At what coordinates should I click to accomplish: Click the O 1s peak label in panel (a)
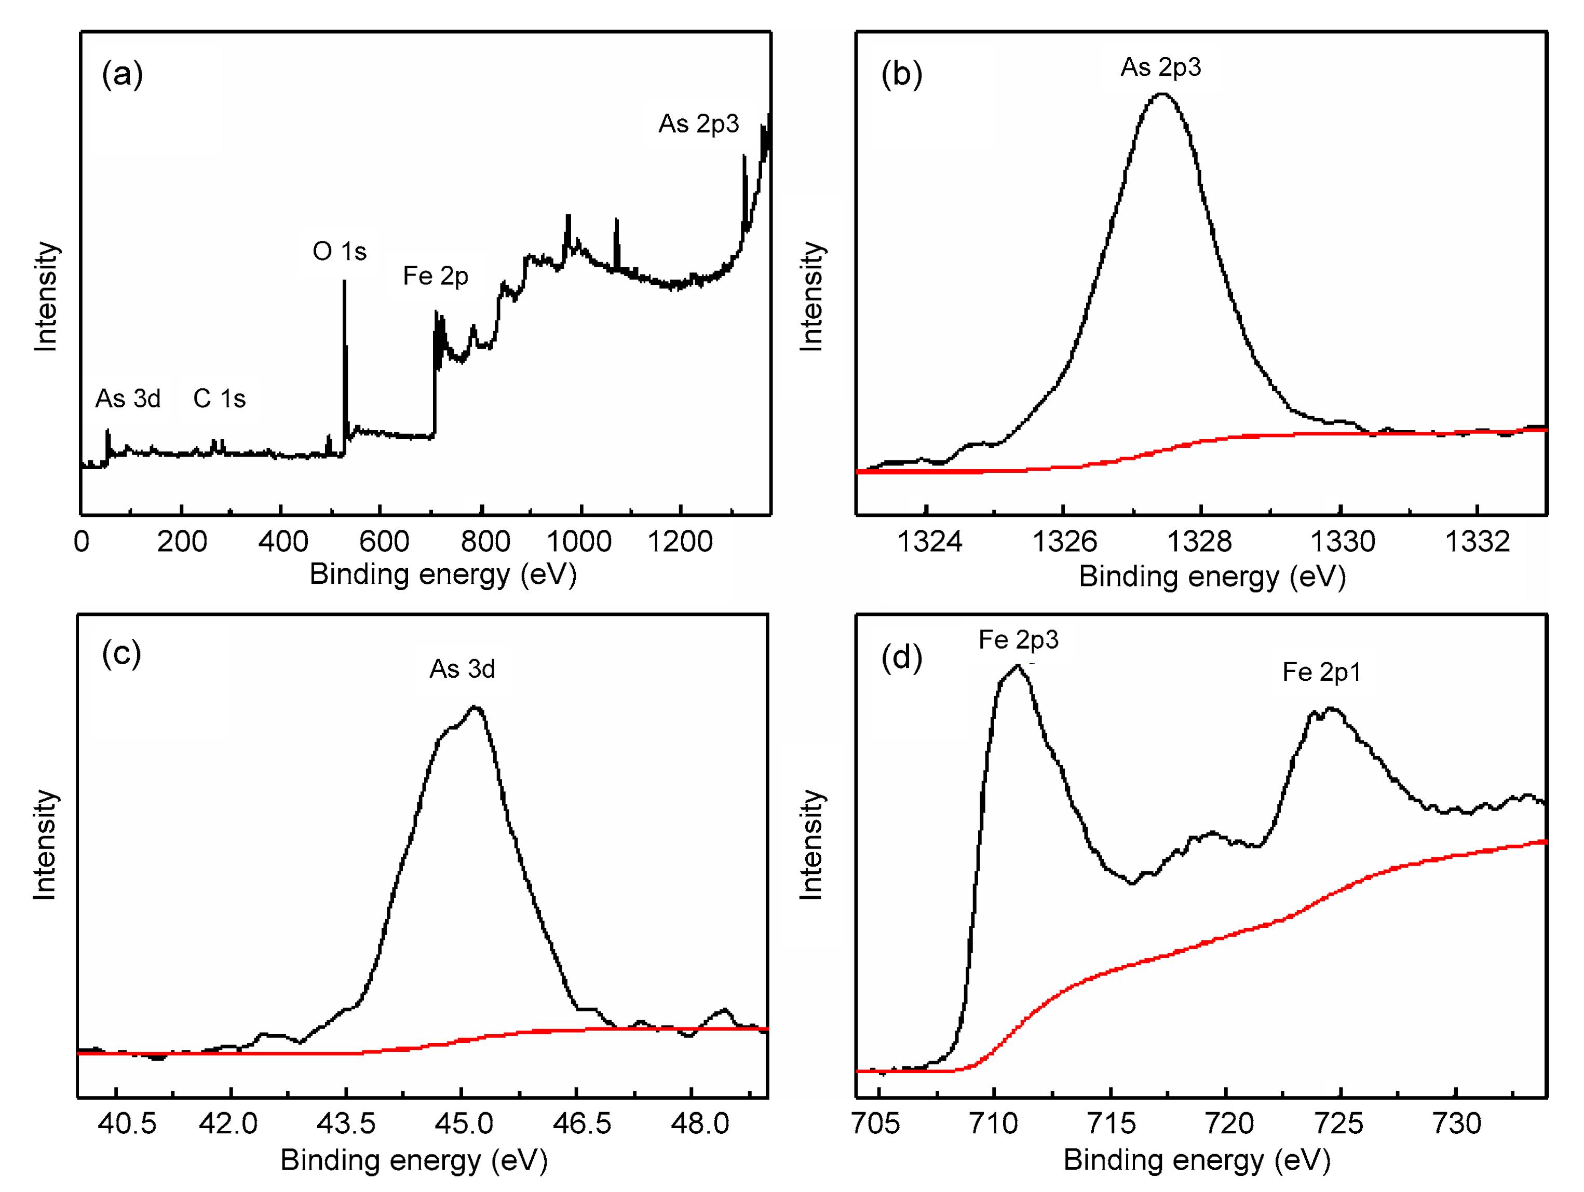coord(340,251)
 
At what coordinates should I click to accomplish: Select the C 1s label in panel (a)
coord(219,399)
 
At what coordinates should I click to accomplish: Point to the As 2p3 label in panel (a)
coord(698,124)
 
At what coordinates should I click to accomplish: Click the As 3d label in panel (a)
coord(128,399)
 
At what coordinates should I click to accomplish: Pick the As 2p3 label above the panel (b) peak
coord(1161,67)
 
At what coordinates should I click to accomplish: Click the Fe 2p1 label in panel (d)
coord(1321,672)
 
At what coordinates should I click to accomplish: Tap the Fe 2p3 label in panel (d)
coord(1018,639)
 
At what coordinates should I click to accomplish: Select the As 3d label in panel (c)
coord(462,669)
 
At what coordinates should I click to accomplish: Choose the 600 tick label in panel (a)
coord(384,541)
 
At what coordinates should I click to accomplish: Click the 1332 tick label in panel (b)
coord(1477,541)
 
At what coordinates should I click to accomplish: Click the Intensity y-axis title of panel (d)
coord(811,845)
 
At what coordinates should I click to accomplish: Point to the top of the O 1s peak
coord(344,281)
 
